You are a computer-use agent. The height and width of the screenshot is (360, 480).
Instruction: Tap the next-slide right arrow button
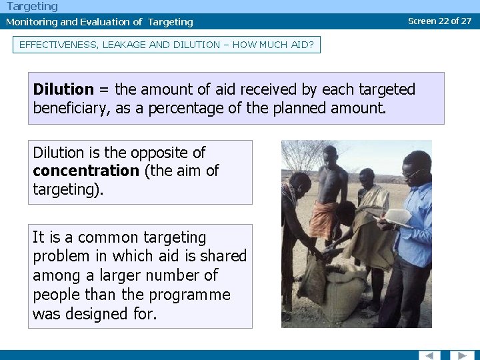(x=462, y=355)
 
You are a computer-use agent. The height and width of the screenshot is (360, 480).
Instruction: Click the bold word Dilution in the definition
(x=63, y=89)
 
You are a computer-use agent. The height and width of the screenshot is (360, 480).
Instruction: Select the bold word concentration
(x=86, y=171)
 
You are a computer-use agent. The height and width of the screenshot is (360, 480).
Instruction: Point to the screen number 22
(x=443, y=21)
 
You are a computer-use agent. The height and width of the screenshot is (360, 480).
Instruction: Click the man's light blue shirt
(x=415, y=227)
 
